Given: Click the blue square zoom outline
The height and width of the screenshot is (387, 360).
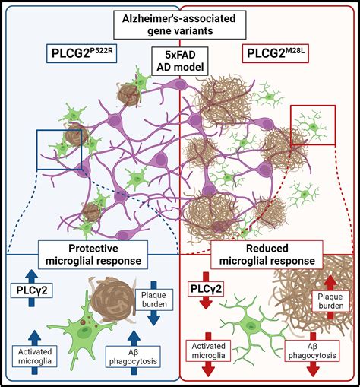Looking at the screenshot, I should tap(58, 149).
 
